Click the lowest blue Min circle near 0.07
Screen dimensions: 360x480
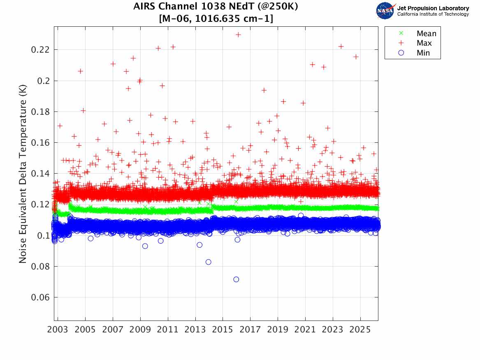(236, 279)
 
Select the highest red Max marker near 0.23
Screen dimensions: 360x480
(238, 35)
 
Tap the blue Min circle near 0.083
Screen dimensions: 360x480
(209, 262)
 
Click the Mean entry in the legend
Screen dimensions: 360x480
(426, 34)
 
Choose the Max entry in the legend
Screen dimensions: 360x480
(424, 43)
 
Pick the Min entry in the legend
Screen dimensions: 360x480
(423, 53)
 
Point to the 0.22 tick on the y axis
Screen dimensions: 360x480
(41, 50)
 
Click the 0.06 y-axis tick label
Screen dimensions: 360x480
(41, 297)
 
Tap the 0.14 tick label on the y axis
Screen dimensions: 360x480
(41, 174)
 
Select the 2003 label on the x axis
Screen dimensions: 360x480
(58, 330)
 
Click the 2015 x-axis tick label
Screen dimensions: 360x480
(223, 330)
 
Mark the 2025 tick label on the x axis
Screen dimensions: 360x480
(360, 330)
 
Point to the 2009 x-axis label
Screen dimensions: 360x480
(140, 330)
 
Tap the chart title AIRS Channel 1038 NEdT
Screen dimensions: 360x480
(216, 7)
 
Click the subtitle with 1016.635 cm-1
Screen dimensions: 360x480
(216, 19)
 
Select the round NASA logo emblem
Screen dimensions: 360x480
(385, 10)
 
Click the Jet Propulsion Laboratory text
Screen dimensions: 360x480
(433, 8)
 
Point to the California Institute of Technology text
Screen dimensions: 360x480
(433, 14)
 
